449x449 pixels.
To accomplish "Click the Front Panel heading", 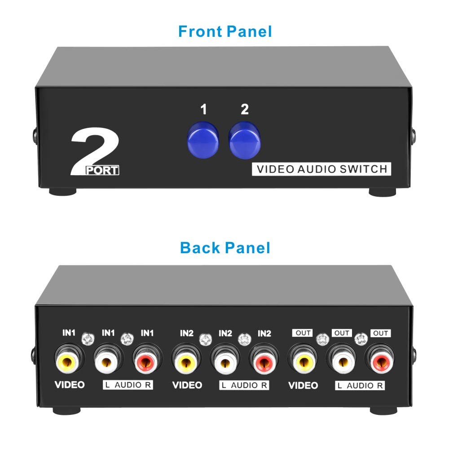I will (x=225, y=32).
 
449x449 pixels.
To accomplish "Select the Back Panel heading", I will (x=225, y=247).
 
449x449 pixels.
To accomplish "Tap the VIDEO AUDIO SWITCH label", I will (x=321, y=169).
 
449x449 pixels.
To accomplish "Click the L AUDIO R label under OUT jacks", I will (x=360, y=385).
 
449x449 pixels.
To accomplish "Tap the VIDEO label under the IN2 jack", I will (x=188, y=385).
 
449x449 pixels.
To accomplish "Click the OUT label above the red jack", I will (x=381, y=333).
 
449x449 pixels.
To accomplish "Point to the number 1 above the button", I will (x=203, y=110).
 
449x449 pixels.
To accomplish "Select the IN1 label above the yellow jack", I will (x=69, y=333).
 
